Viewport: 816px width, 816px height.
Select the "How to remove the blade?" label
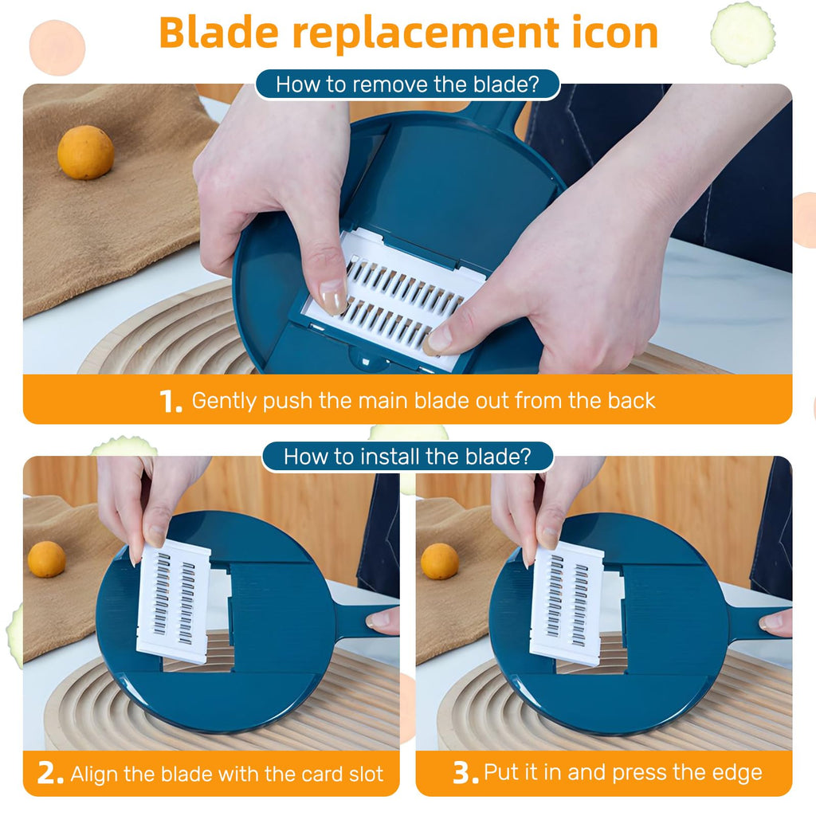pos(407,84)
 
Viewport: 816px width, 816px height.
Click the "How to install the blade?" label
pos(407,457)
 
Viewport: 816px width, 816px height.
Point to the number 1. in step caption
pos(171,402)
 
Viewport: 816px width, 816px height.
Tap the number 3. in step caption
pos(465,774)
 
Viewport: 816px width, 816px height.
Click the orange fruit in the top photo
pos(85,152)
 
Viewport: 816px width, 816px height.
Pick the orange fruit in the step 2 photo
pos(46,559)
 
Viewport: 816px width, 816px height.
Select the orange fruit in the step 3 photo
pos(439,560)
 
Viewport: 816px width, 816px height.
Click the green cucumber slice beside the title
pos(742,33)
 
